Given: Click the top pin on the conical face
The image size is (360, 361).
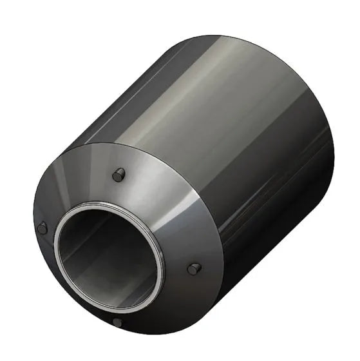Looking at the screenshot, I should [x=118, y=174].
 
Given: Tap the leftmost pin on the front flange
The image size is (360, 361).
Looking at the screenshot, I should [x=43, y=228].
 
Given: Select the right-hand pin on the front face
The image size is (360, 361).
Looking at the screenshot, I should [x=193, y=269].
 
